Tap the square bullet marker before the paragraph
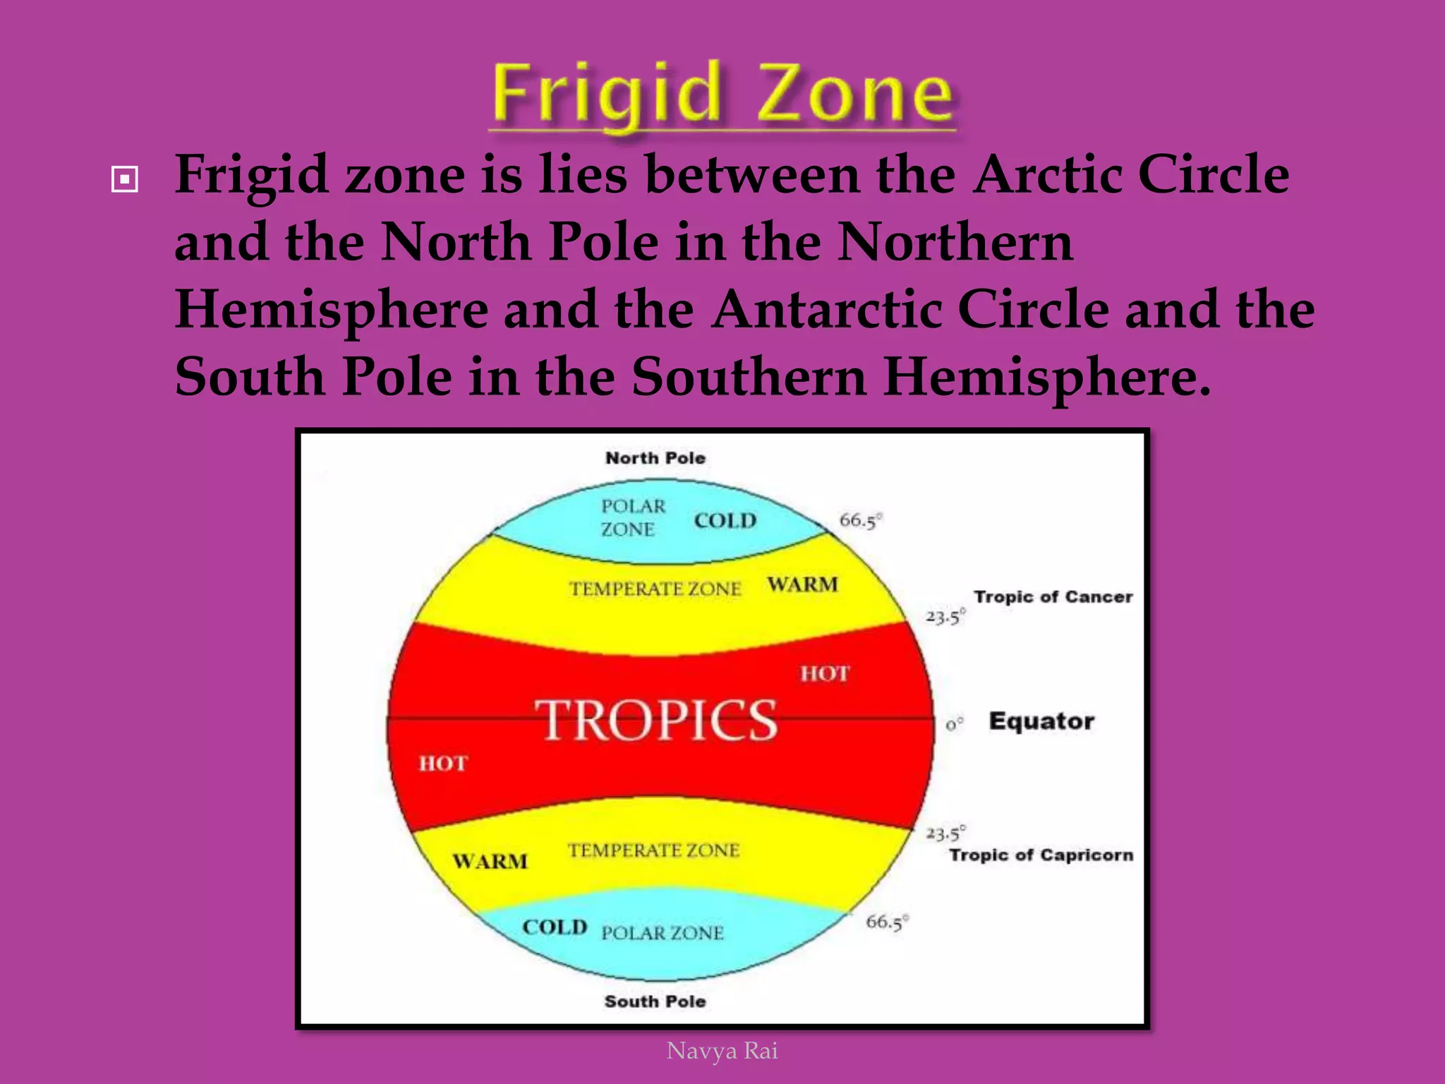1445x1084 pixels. click(x=125, y=180)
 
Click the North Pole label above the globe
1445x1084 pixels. click(x=655, y=458)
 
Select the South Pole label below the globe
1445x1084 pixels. click(x=655, y=1001)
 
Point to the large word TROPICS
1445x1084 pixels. click(x=656, y=721)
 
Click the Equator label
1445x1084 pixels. click(x=1041, y=721)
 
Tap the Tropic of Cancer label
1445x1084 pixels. click(x=1053, y=597)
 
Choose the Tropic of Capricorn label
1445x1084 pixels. click(x=1041, y=855)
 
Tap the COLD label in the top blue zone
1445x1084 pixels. click(x=725, y=521)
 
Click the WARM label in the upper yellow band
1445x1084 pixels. click(x=803, y=584)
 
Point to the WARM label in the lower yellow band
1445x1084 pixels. click(x=490, y=861)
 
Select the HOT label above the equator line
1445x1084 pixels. click(x=825, y=674)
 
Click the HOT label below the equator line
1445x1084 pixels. click(x=443, y=764)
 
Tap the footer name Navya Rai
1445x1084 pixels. click(x=722, y=1051)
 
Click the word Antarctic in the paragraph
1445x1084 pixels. click(x=826, y=310)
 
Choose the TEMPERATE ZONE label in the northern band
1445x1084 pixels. click(x=655, y=589)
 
